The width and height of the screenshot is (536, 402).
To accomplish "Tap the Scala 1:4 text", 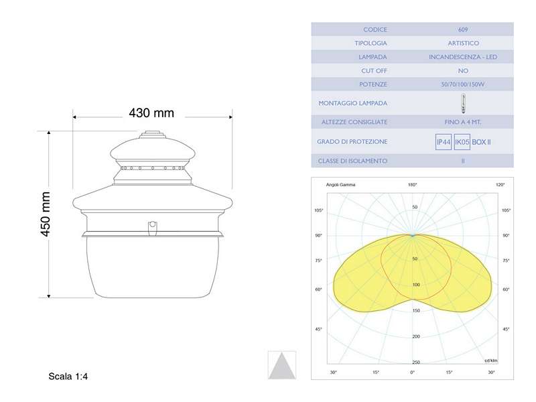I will tap(68, 377).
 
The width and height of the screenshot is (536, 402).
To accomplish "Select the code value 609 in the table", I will tap(463, 29).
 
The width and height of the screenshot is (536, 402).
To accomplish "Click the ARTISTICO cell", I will tap(463, 43).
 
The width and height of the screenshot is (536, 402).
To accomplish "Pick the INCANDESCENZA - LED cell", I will tap(463, 57).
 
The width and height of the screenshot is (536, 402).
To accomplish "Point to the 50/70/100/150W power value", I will tap(463, 84).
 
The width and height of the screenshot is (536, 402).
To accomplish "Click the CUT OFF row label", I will tap(374, 70).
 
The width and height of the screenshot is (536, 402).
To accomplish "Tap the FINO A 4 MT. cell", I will tap(463, 122).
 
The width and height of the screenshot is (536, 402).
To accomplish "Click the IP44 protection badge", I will tap(444, 142).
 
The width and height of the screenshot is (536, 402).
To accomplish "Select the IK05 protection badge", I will tap(462, 142).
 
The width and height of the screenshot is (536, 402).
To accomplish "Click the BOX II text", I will tap(482, 142).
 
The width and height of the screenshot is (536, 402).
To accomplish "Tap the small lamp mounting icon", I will tap(463, 103).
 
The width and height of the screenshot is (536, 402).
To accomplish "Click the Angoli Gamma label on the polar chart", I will tap(341, 184).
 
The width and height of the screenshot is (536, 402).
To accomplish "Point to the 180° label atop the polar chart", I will tap(413, 184).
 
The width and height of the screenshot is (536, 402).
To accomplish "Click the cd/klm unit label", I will tap(492, 360).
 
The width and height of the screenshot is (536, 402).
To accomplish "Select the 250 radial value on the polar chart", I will tap(415, 362).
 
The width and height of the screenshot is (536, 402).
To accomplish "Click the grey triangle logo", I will tap(281, 365).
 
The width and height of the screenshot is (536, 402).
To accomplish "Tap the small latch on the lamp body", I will tap(153, 226).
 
